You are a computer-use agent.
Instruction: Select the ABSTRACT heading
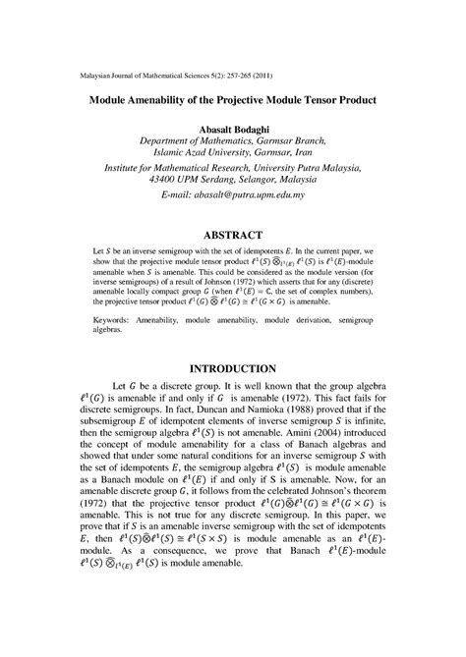coord(233,236)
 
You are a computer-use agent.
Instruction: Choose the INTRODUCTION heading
coord(233,368)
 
